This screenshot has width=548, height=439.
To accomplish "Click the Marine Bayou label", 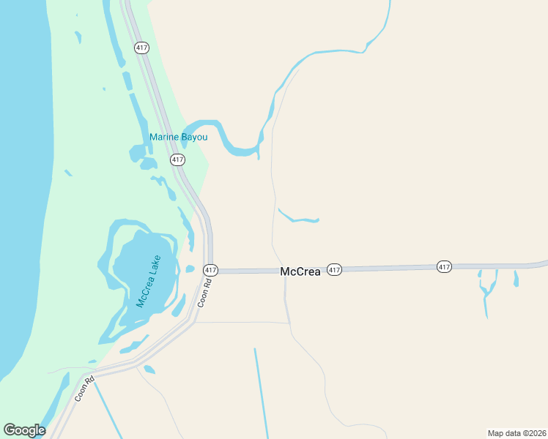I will coord(179,137).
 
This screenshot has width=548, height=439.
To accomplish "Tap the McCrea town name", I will coord(300,271).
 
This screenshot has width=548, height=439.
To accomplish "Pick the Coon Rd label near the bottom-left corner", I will coord(84,389).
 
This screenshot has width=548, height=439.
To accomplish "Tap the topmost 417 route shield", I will coord(141,48).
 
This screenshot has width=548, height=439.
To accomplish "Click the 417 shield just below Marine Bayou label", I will coord(177,160).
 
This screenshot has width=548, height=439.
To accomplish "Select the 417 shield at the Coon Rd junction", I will coord(210,270).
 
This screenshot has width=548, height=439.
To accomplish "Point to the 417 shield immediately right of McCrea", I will coord(334,270).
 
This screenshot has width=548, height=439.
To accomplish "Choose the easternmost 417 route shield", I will coord(444,267).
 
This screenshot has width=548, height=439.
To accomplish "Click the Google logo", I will coord(24,430).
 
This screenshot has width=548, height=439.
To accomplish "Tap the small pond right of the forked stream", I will coord(516,279).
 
